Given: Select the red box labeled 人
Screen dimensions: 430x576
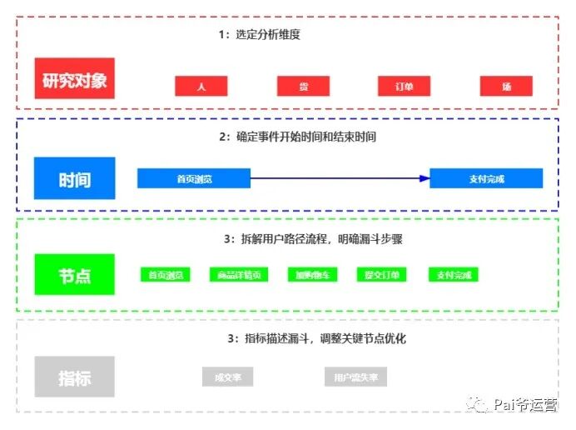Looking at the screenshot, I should (x=201, y=86).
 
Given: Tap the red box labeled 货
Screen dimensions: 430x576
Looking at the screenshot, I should (x=303, y=86).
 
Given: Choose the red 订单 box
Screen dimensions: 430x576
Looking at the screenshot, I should (x=405, y=86).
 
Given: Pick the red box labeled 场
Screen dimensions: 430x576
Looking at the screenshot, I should (x=506, y=86).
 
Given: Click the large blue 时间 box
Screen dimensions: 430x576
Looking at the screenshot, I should (x=74, y=177).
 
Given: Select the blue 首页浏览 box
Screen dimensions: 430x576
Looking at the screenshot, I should (x=193, y=177).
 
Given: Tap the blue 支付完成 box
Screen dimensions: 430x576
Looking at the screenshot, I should (x=486, y=177).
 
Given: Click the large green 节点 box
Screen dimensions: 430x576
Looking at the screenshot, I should (x=74, y=274).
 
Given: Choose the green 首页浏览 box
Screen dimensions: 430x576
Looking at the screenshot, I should (x=166, y=274).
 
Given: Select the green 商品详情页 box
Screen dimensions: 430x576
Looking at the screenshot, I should (x=237, y=274).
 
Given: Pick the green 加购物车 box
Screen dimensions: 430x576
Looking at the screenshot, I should (x=311, y=274).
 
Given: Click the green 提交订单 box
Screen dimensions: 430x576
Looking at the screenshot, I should (x=382, y=274).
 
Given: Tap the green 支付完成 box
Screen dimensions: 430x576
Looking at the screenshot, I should (x=453, y=274).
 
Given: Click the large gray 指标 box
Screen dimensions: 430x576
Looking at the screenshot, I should (x=74, y=377).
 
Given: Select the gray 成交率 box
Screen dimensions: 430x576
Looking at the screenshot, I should (x=226, y=377).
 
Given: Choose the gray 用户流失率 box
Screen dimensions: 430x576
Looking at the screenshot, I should (x=355, y=377).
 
